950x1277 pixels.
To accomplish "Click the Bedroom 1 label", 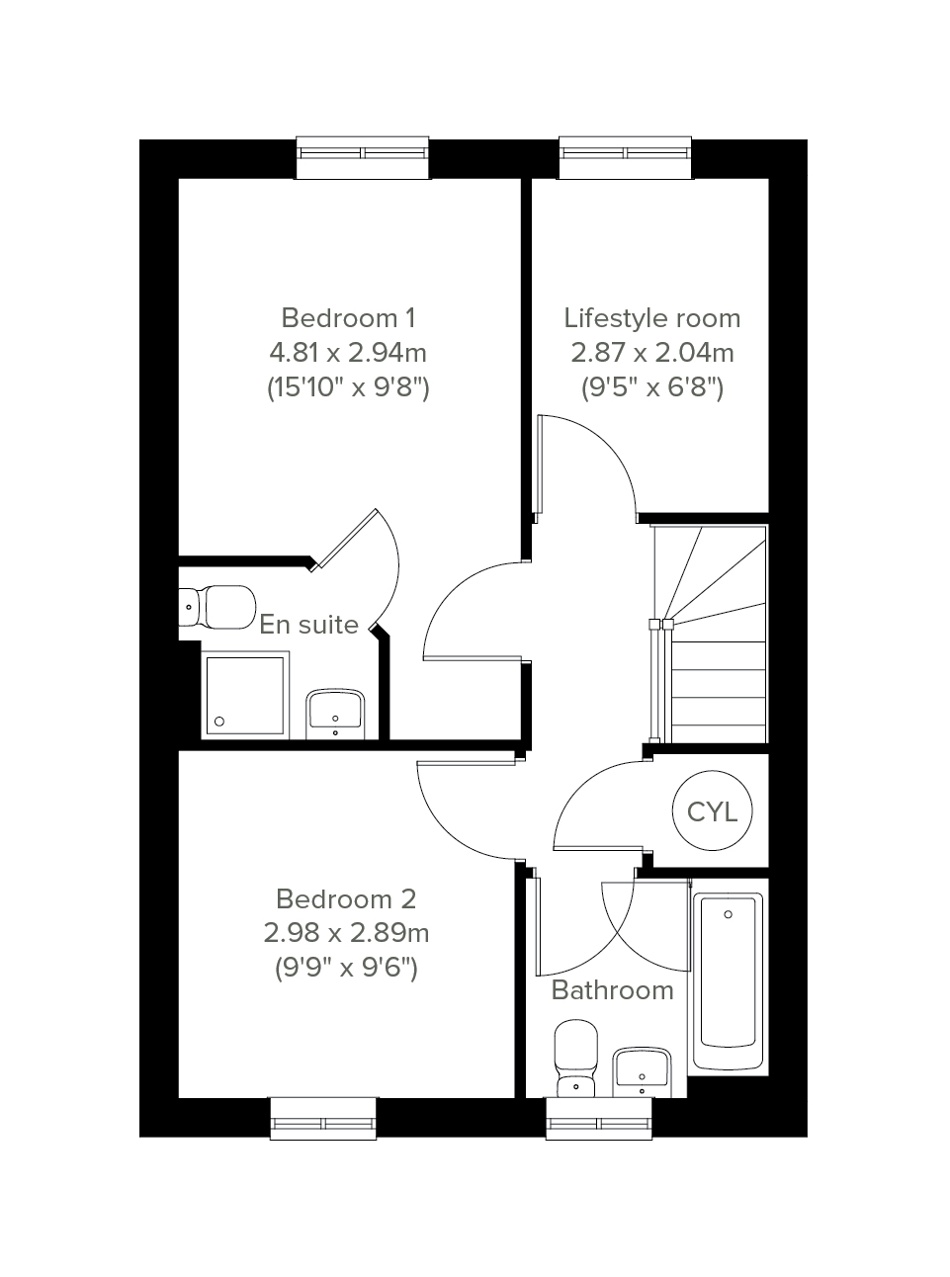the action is coord(348,318).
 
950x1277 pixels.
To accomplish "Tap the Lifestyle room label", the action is coord(652,318).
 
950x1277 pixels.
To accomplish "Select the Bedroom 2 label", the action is coord(346,899).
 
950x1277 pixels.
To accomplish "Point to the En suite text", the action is coord(308,625).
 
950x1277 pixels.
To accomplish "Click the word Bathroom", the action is coord(612,990).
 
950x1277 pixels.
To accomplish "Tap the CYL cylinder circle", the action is coord(712,811).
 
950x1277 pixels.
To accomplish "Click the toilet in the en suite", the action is coord(217,607).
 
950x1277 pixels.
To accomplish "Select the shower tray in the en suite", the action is coord(245,695).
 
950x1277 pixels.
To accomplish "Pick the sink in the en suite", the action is coord(335,714).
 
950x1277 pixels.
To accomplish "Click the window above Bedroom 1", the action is coord(363,158).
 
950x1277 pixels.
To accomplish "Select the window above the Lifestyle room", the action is coord(625,158).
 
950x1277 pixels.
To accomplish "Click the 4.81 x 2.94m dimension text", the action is coord(348,353).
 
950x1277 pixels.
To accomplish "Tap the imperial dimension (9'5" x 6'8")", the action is coord(652,387).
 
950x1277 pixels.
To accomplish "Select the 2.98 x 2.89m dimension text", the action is coord(346,934).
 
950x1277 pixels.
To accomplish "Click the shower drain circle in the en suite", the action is coord(219,722).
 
